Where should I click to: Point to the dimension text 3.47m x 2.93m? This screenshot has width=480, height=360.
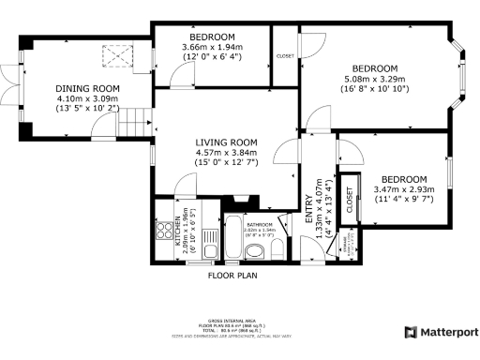[x=404, y=188]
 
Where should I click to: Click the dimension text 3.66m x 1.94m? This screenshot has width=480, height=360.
[x=212, y=46]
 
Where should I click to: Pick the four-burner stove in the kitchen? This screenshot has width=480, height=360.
[x=163, y=228]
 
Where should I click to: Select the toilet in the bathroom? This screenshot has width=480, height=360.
[x=277, y=248]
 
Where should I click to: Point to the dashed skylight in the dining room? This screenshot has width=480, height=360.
[x=117, y=59]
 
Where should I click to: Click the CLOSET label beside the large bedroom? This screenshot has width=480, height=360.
[x=285, y=56]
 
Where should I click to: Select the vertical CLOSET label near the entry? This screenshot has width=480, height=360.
[x=349, y=202]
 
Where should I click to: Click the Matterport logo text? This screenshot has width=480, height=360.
[x=448, y=332]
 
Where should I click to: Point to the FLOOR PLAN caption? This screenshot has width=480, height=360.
[x=232, y=276]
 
